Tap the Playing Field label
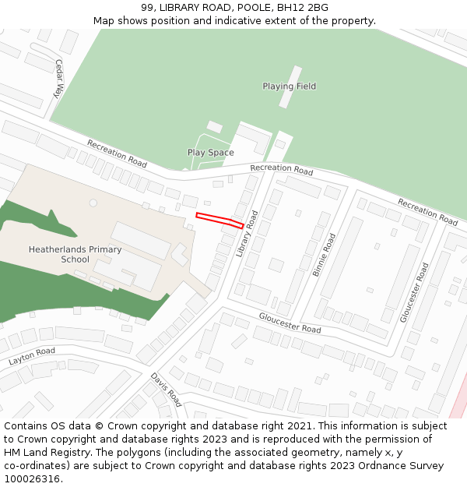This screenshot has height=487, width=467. click(289, 86)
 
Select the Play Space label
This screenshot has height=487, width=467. click(210, 153)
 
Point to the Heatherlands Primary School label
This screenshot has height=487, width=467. click(75, 254)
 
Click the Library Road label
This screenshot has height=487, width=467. click(246, 233)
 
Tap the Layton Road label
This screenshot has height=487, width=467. click(32, 357)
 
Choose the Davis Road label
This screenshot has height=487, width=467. click(166, 389)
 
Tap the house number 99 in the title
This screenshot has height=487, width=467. click(147, 8)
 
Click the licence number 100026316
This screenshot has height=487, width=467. click(30, 479)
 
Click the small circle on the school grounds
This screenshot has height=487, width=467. click(93, 203)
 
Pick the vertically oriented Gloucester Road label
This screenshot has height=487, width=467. click(413, 292)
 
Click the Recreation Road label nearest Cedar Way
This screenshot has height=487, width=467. click(117, 154)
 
